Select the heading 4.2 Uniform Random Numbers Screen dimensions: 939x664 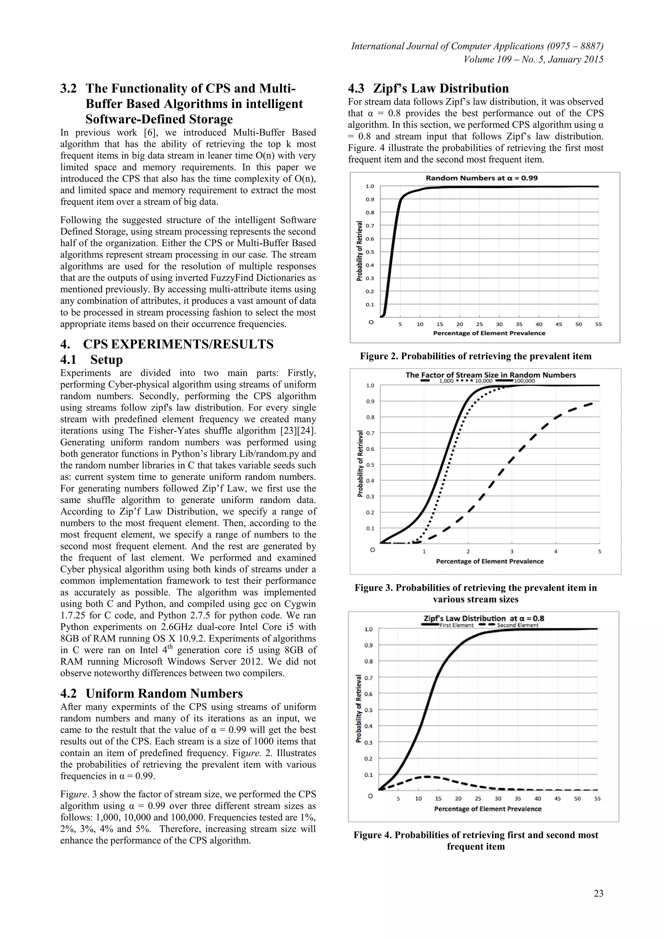pyautogui.click(x=151, y=693)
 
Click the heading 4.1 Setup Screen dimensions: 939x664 pyautogui.click(x=91, y=360)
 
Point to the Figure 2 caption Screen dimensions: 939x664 pyautogui.click(x=476, y=356)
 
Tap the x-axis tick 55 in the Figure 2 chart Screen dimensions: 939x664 pyautogui.click(x=598, y=324)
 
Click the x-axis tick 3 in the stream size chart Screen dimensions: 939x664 pyautogui.click(x=512, y=551)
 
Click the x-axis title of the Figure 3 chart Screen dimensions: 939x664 pyautogui.click(x=490, y=561)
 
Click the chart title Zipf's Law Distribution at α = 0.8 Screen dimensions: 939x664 pyautogui.click(x=484, y=618)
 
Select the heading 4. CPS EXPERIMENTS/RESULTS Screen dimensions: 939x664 pyautogui.click(x=167, y=344)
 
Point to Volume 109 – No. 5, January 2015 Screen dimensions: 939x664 pyautogui.click(x=533, y=59)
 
